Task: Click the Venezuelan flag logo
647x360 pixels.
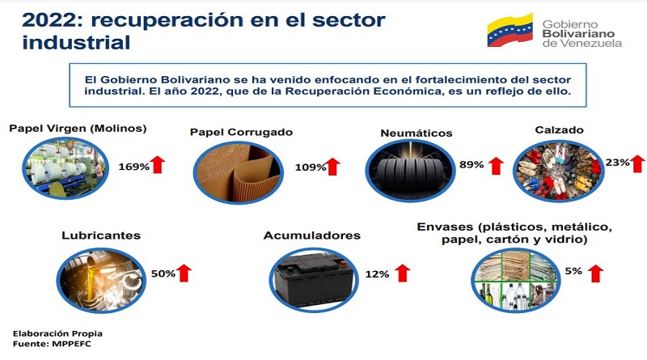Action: pyautogui.click(x=510, y=30)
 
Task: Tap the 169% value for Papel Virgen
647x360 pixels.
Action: pyautogui.click(x=133, y=167)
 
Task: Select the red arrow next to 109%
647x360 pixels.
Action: pyautogui.click(x=332, y=167)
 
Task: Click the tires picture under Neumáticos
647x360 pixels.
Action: pyautogui.click(x=411, y=171)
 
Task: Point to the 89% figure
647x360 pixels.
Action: pyautogui.click(x=472, y=164)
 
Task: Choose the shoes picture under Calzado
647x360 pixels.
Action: pyautogui.click(x=559, y=171)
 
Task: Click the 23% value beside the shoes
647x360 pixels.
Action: pyautogui.click(x=617, y=163)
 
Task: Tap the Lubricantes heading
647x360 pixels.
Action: pyautogui.click(x=101, y=235)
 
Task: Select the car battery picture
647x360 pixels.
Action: pyautogui.click(x=314, y=280)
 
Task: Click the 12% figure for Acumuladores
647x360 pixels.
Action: pyautogui.click(x=377, y=273)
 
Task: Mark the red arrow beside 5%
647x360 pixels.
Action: pyautogui.click(x=595, y=273)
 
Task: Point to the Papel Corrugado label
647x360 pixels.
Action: pyautogui.click(x=241, y=132)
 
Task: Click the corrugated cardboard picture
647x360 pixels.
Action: pyautogui.click(x=238, y=172)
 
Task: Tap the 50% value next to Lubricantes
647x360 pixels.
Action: pyautogui.click(x=163, y=273)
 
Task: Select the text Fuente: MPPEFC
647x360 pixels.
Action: pyautogui.click(x=52, y=344)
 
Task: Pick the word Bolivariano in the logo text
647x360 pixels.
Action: pyautogui.click(x=578, y=33)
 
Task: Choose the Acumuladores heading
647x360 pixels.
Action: pyautogui.click(x=312, y=235)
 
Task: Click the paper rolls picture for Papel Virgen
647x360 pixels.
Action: pyautogui.click(x=66, y=167)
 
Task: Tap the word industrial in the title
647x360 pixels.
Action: pyautogui.click(x=76, y=43)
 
